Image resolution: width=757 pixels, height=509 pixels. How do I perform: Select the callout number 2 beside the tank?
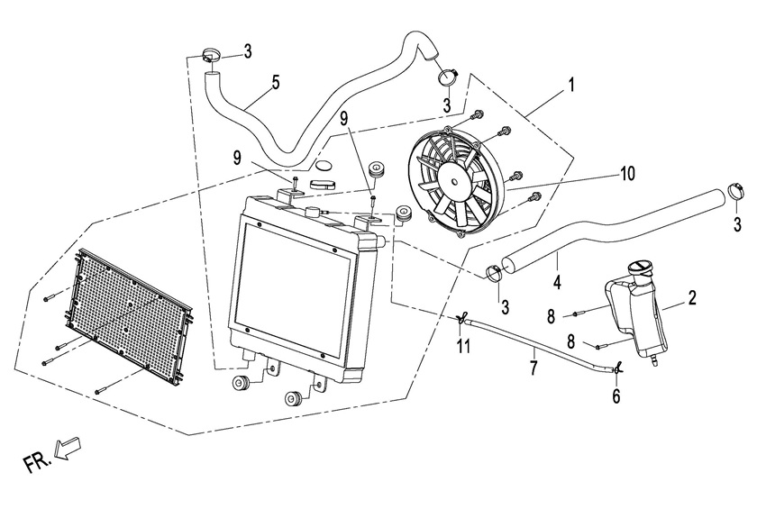point(692,296)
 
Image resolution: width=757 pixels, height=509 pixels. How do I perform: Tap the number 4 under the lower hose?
point(558,282)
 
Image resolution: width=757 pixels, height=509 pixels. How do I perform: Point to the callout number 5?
point(275,82)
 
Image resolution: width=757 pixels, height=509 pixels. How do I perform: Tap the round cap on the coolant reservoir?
point(642,267)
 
